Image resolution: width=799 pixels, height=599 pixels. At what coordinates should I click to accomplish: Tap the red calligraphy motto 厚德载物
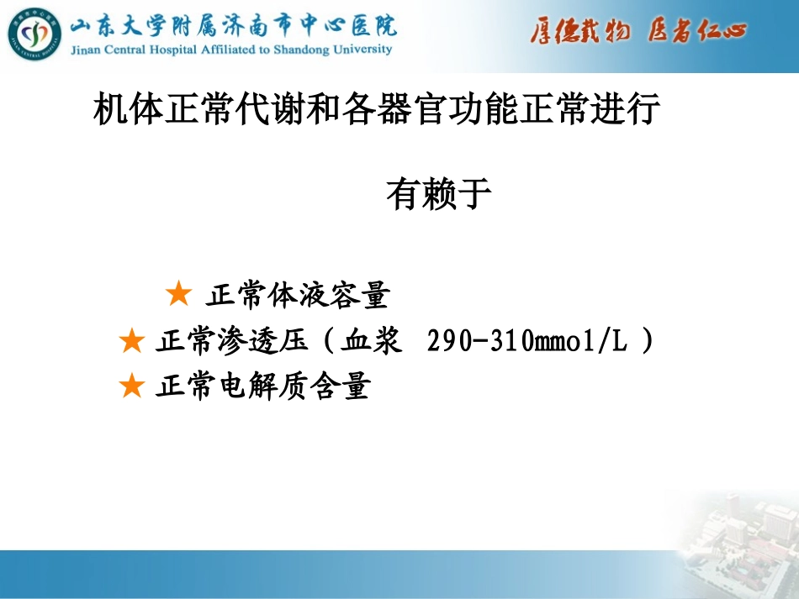point(579,32)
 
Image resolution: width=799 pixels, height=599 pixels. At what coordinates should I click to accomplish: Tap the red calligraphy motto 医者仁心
point(697,32)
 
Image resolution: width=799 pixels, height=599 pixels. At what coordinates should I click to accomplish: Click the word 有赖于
point(438,194)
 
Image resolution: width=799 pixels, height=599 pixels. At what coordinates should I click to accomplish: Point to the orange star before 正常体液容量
point(178,295)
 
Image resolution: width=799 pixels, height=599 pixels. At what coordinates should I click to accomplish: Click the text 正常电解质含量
point(262,387)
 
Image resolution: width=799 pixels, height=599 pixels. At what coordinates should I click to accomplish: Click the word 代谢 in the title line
point(268,111)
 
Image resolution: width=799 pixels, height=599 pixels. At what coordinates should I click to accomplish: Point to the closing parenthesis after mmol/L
point(646,342)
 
